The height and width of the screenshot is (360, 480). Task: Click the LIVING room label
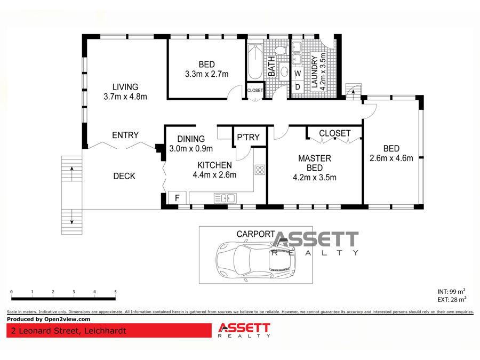pyautogui.click(x=125, y=87)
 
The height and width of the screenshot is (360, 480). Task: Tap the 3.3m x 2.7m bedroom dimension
pyautogui.click(x=206, y=74)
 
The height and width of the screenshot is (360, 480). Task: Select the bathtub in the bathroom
pyautogui.click(x=255, y=62)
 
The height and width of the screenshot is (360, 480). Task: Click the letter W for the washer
pyautogui.click(x=298, y=74)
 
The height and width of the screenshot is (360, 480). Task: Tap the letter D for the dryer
pyautogui.click(x=298, y=87)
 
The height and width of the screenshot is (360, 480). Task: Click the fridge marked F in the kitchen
pyautogui.click(x=177, y=198)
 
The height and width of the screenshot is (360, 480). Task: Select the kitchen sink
pyautogui.click(x=225, y=198)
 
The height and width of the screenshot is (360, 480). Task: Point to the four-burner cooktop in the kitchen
pyautogui.click(x=260, y=170)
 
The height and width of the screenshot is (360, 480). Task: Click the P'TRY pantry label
pyautogui.click(x=248, y=137)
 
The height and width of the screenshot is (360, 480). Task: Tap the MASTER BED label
pyautogui.click(x=315, y=163)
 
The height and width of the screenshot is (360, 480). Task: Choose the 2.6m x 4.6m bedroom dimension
pyautogui.click(x=391, y=158)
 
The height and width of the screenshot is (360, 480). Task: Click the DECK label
pyautogui.click(x=124, y=176)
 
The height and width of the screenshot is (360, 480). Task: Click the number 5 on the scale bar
pyautogui.click(x=115, y=292)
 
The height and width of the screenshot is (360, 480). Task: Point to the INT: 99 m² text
pyautogui.click(x=452, y=291)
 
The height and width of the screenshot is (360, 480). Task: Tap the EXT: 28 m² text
pyautogui.click(x=452, y=299)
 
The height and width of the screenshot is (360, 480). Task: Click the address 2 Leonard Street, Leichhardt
pyautogui.click(x=69, y=331)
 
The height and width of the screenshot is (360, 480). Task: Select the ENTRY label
pyautogui.click(x=125, y=135)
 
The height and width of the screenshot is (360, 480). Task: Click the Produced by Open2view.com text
pyautogui.click(x=49, y=319)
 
